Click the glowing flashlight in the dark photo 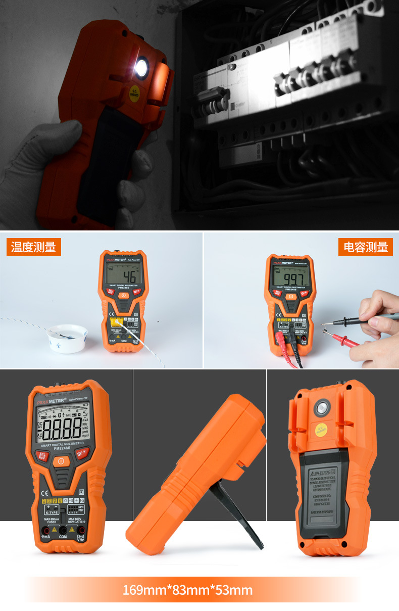coord(141,67)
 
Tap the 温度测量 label coord(33,247)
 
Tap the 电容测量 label coord(365,247)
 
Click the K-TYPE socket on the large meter coord(52,508)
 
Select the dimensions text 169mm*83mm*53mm coord(188,590)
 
